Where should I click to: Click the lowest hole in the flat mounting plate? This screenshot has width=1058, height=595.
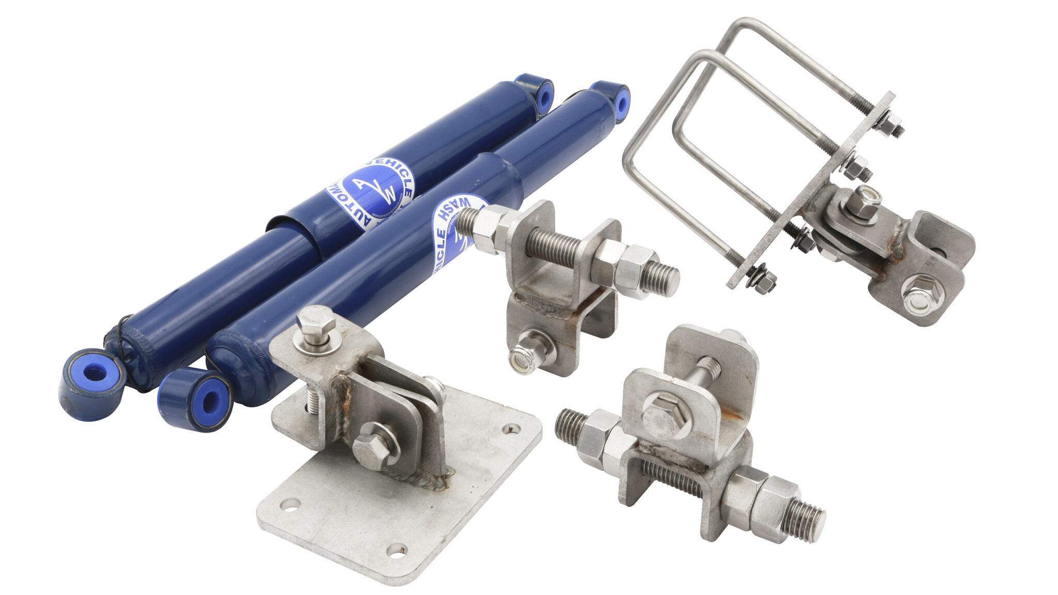[396, 550]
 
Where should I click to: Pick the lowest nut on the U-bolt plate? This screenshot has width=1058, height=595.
[764, 282]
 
